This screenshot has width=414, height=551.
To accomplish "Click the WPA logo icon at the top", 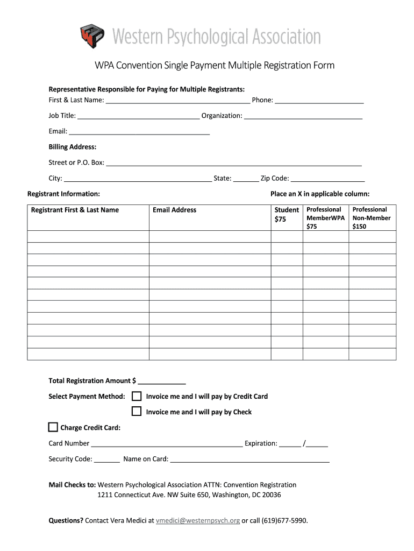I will click(92, 36).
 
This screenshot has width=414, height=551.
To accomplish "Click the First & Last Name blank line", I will click(177, 100).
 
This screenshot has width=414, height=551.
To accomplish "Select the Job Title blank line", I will click(138, 116).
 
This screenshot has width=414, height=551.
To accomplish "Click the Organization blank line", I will click(303, 116).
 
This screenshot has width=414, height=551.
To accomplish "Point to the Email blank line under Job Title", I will click(139, 131).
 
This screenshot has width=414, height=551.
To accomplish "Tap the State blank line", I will click(246, 179).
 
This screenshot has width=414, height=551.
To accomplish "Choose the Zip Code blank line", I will click(327, 179).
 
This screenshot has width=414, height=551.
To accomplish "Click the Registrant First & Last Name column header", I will click(75, 210).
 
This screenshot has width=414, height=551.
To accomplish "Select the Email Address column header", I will click(175, 210).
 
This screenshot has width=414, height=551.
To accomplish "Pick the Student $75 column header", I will click(287, 214).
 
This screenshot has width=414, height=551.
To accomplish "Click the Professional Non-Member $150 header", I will click(371, 217).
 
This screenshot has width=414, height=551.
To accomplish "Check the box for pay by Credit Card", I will click(137, 397).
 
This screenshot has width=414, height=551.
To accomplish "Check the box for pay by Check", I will click(137, 412).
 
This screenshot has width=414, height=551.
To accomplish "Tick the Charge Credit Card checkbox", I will click(53, 428).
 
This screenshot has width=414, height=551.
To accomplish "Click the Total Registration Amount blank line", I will click(162, 381).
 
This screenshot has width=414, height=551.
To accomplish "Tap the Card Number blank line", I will click(167, 444).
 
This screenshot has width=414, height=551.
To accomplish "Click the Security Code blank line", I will click(107, 460).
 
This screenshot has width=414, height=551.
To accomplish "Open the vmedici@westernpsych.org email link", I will click(198, 521).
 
